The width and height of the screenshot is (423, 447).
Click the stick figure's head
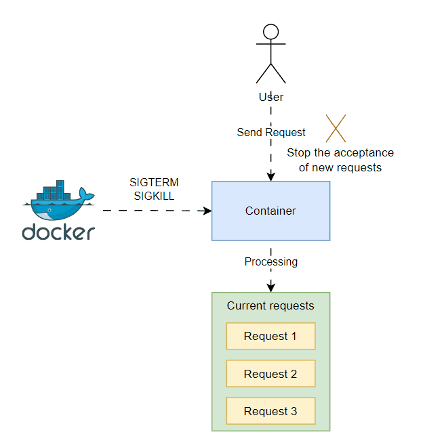pos(271,31)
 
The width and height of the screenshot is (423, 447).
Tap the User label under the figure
pos(271,97)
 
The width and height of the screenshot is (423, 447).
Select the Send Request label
pos(271,132)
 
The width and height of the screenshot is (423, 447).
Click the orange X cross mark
pos(336,129)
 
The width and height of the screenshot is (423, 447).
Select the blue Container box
pos(271,211)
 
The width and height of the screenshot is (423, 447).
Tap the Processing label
pos(271,261)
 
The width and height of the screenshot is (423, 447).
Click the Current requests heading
pos(270,305)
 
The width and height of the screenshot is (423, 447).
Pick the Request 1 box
pos(270,336)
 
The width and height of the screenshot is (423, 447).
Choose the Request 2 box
pos(270,374)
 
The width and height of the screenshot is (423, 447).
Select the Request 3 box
pos(270,411)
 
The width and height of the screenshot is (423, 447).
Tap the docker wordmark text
pos(58,232)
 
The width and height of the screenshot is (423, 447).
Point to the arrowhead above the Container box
pos(271,177)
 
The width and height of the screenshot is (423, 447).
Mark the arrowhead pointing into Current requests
pos(271,288)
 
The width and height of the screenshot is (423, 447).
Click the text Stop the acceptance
pos(340,153)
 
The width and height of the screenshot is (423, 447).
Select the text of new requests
pos(340,167)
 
